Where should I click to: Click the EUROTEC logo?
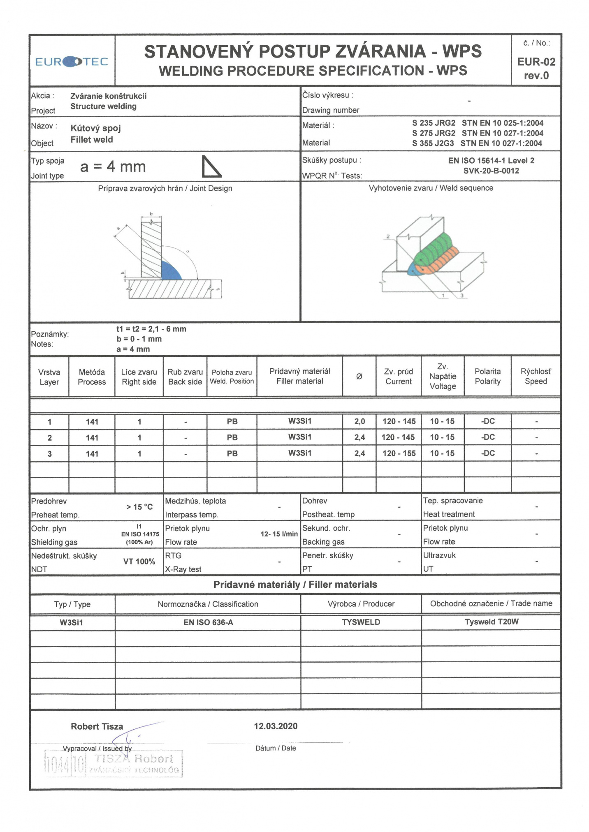pos(72,62)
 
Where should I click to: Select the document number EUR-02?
pos(536,62)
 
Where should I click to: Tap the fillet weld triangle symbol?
pos(211,167)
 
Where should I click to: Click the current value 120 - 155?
pos(399,453)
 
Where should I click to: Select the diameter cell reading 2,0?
pos(359,421)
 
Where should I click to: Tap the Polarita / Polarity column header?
pos(487,376)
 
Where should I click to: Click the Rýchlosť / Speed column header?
pos(536,376)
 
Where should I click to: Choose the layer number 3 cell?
pos(49,454)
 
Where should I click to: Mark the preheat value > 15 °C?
pos(139,507)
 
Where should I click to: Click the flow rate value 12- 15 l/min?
pos(279,534)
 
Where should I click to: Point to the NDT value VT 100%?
pos(139,562)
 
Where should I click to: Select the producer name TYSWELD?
pos(361,622)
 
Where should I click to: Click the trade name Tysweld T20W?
pos(491,622)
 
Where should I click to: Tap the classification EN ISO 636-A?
pos(208,622)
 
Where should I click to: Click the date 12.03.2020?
pos(275,726)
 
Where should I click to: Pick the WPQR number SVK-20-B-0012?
pos(491,171)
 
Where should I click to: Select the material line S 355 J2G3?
pos(477,143)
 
